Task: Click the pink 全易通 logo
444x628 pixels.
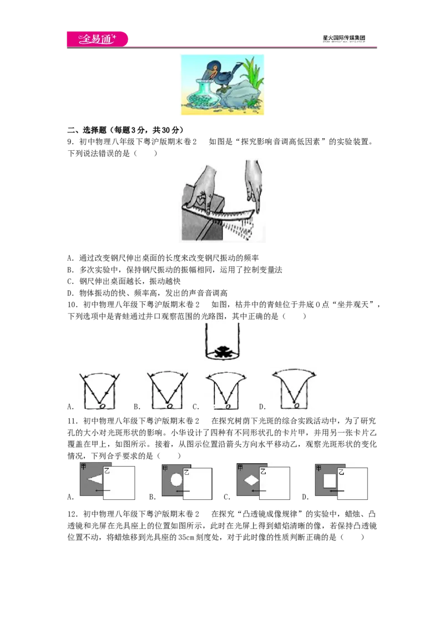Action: point(97,39)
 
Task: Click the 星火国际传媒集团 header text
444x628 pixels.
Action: point(344,38)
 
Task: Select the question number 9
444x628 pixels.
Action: point(70,142)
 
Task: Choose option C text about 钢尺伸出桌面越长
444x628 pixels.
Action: point(124,281)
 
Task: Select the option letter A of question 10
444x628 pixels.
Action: point(70,407)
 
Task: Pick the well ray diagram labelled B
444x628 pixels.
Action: point(168,390)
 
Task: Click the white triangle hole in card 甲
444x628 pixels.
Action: point(95,479)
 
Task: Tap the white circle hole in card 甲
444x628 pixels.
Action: point(176,479)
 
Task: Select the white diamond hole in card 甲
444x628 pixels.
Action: point(251,479)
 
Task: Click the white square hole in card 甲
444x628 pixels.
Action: point(330,480)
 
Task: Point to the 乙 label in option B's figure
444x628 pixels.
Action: point(186,473)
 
